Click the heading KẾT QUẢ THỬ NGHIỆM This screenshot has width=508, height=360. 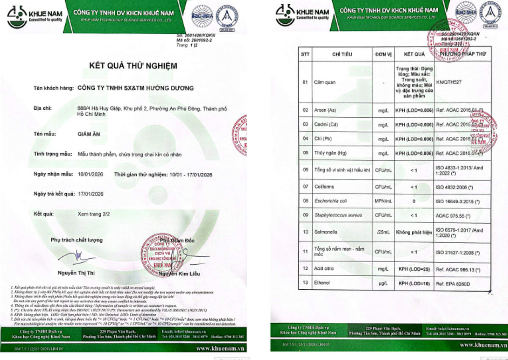pos(133,66)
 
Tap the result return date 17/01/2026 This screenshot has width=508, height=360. pos(91,194)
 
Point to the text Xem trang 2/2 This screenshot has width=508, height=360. pos(94,214)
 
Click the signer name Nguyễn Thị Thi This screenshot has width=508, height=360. pos(76,273)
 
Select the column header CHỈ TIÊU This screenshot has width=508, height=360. pos(342,54)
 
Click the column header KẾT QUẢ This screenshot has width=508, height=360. pos(414,54)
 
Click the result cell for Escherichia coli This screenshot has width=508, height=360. pos(414,201)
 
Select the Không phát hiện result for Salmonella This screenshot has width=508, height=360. pos(414,232)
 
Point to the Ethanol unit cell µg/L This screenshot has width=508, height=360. pos(384,282)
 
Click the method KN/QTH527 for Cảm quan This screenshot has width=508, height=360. pos(450,82)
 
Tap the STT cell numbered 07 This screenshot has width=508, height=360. pos(305,186)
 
